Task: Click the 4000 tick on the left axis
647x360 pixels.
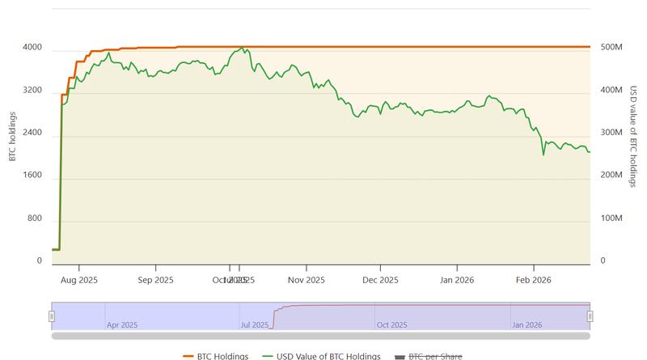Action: coord(32,49)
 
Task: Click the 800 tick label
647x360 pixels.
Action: coord(35,219)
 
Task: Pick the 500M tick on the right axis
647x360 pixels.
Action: coord(611,49)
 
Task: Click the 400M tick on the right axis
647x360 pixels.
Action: coord(611,91)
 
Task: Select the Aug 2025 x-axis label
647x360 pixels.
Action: coord(78,280)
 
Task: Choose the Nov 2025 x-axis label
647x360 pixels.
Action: coord(306,280)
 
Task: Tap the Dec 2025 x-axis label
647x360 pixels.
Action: coord(380,280)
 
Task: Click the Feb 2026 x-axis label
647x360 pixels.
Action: coord(533,280)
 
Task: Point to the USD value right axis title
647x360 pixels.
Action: coord(634,135)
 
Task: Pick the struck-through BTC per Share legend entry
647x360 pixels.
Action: coord(429,356)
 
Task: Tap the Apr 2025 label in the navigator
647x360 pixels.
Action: coord(122,324)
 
